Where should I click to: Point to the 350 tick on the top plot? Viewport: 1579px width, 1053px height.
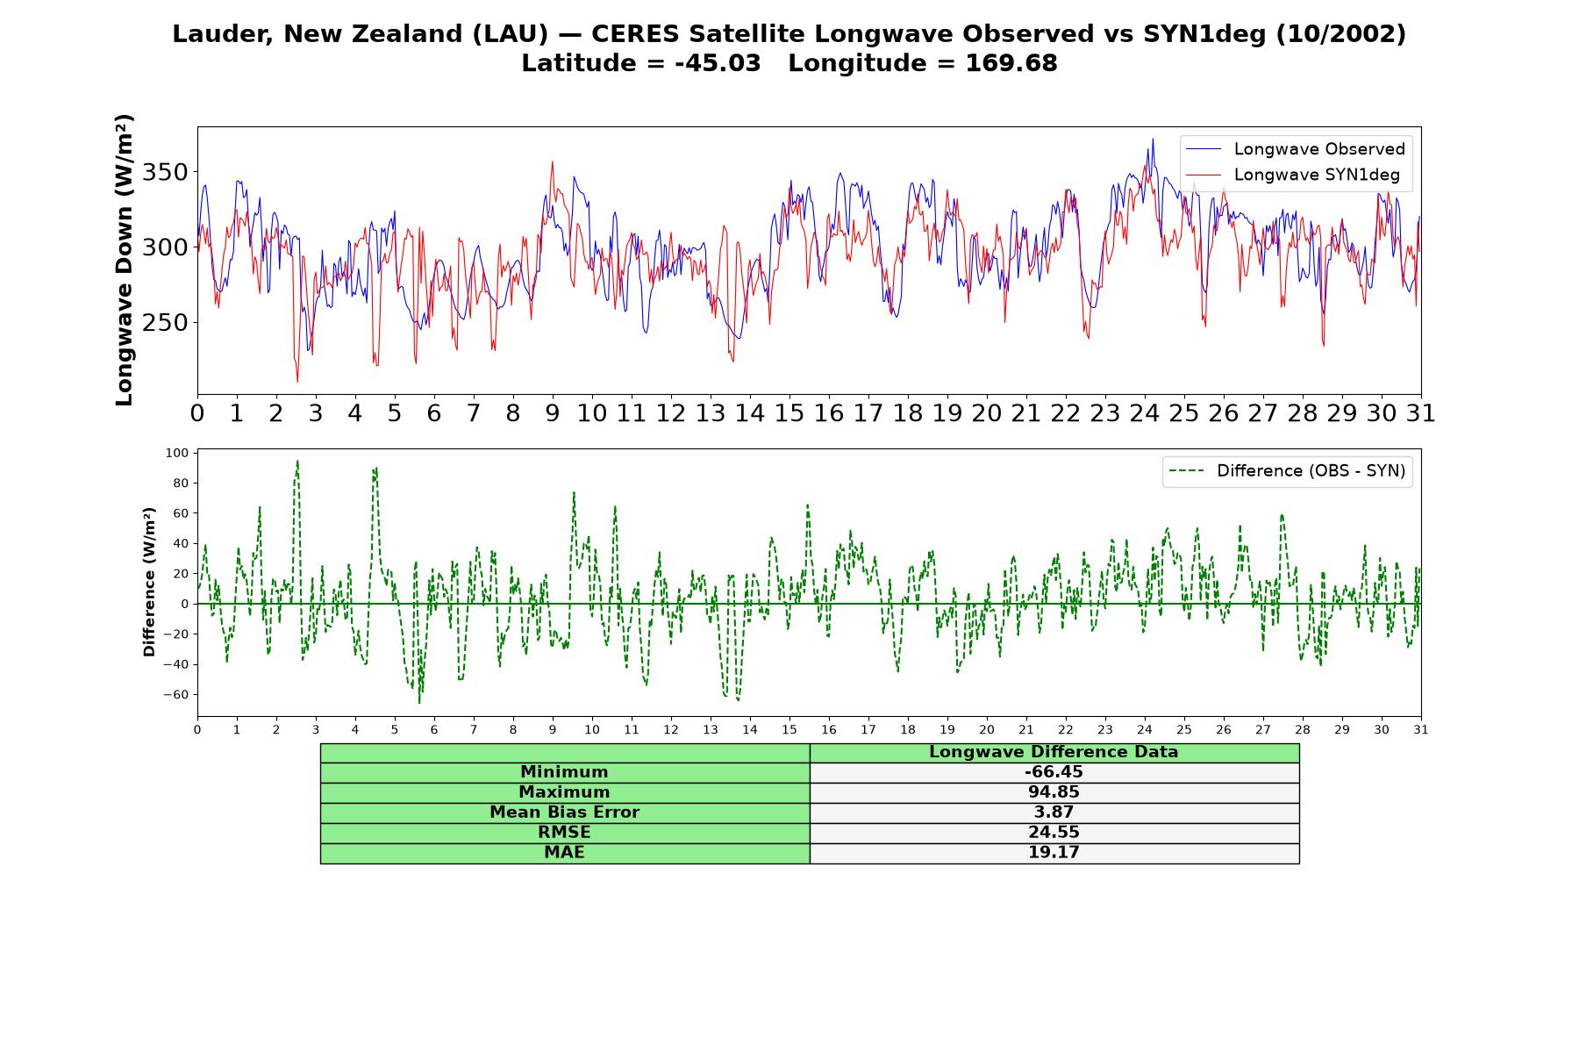(x=165, y=172)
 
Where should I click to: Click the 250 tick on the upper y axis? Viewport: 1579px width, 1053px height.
(x=165, y=323)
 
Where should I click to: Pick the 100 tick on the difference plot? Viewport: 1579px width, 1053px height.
(x=177, y=453)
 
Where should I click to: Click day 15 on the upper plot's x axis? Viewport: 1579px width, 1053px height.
(x=789, y=413)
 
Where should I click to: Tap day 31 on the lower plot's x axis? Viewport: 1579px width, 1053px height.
(x=1421, y=729)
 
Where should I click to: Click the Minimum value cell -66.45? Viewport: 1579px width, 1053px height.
(x=1054, y=772)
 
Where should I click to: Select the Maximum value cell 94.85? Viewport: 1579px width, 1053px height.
(x=1054, y=792)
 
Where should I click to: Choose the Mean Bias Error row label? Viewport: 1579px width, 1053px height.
(x=564, y=813)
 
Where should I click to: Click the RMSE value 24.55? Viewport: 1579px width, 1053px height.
(x=1054, y=833)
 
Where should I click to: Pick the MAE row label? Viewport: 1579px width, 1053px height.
(x=564, y=853)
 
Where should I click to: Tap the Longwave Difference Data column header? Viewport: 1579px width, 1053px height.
(x=1054, y=752)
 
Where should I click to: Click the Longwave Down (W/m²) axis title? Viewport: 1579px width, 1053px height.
(x=125, y=260)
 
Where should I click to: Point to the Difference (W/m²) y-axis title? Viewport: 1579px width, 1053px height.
(x=149, y=583)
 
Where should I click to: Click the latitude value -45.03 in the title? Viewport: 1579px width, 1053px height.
(x=718, y=63)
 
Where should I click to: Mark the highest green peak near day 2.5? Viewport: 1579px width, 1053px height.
(x=297, y=461)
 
